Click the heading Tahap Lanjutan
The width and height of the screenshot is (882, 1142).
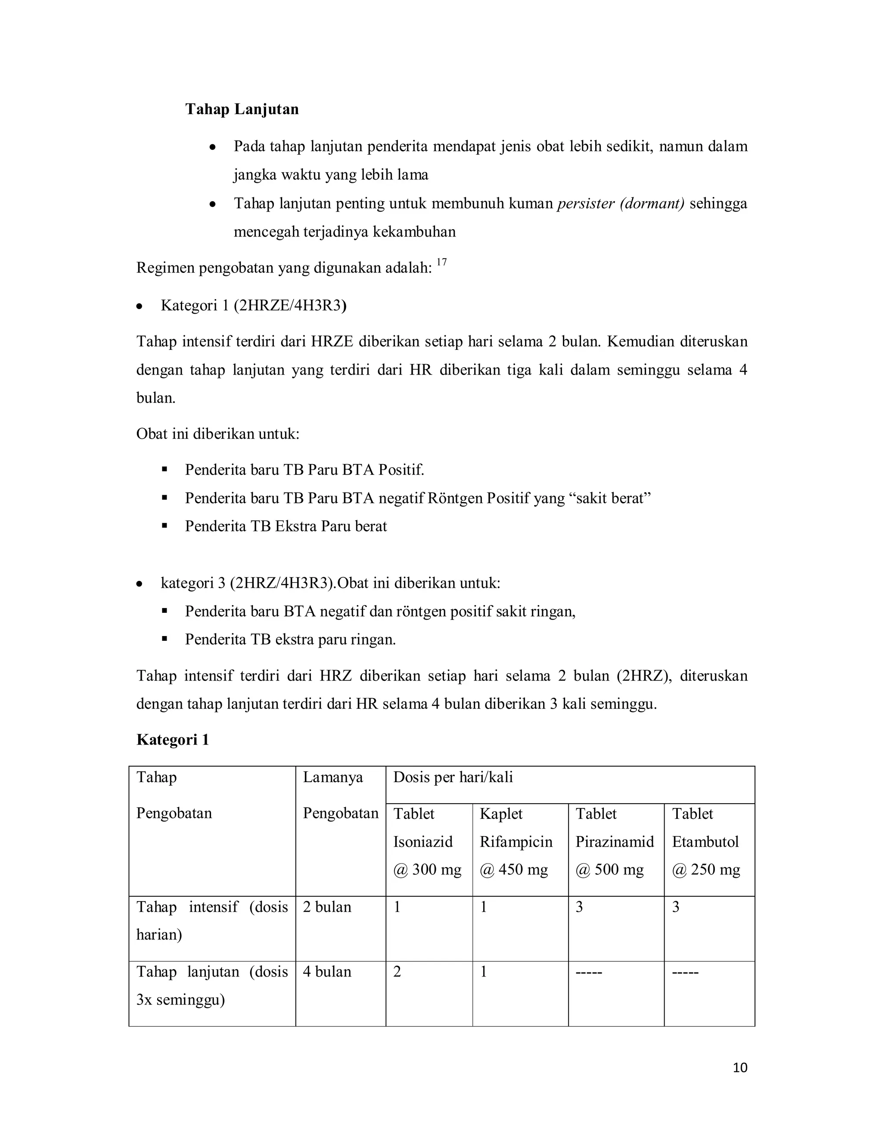pos(242,109)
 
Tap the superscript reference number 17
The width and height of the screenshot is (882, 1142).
pos(441,262)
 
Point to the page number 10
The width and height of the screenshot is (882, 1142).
pos(740,1068)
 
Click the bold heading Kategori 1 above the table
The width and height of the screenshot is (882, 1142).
pos(172,739)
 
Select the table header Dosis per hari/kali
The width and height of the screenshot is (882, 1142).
pos(453,777)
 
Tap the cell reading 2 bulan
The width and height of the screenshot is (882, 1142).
pos(326,907)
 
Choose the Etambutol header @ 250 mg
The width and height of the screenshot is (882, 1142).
pos(706,870)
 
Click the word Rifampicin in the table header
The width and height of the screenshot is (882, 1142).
pos(516,842)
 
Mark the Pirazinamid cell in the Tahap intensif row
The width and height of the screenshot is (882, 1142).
pos(579,907)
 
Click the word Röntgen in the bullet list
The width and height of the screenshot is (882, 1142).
pos(455,498)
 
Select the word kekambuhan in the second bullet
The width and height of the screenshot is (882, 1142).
pos(414,232)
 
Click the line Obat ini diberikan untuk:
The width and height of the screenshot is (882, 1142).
pos(217,434)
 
